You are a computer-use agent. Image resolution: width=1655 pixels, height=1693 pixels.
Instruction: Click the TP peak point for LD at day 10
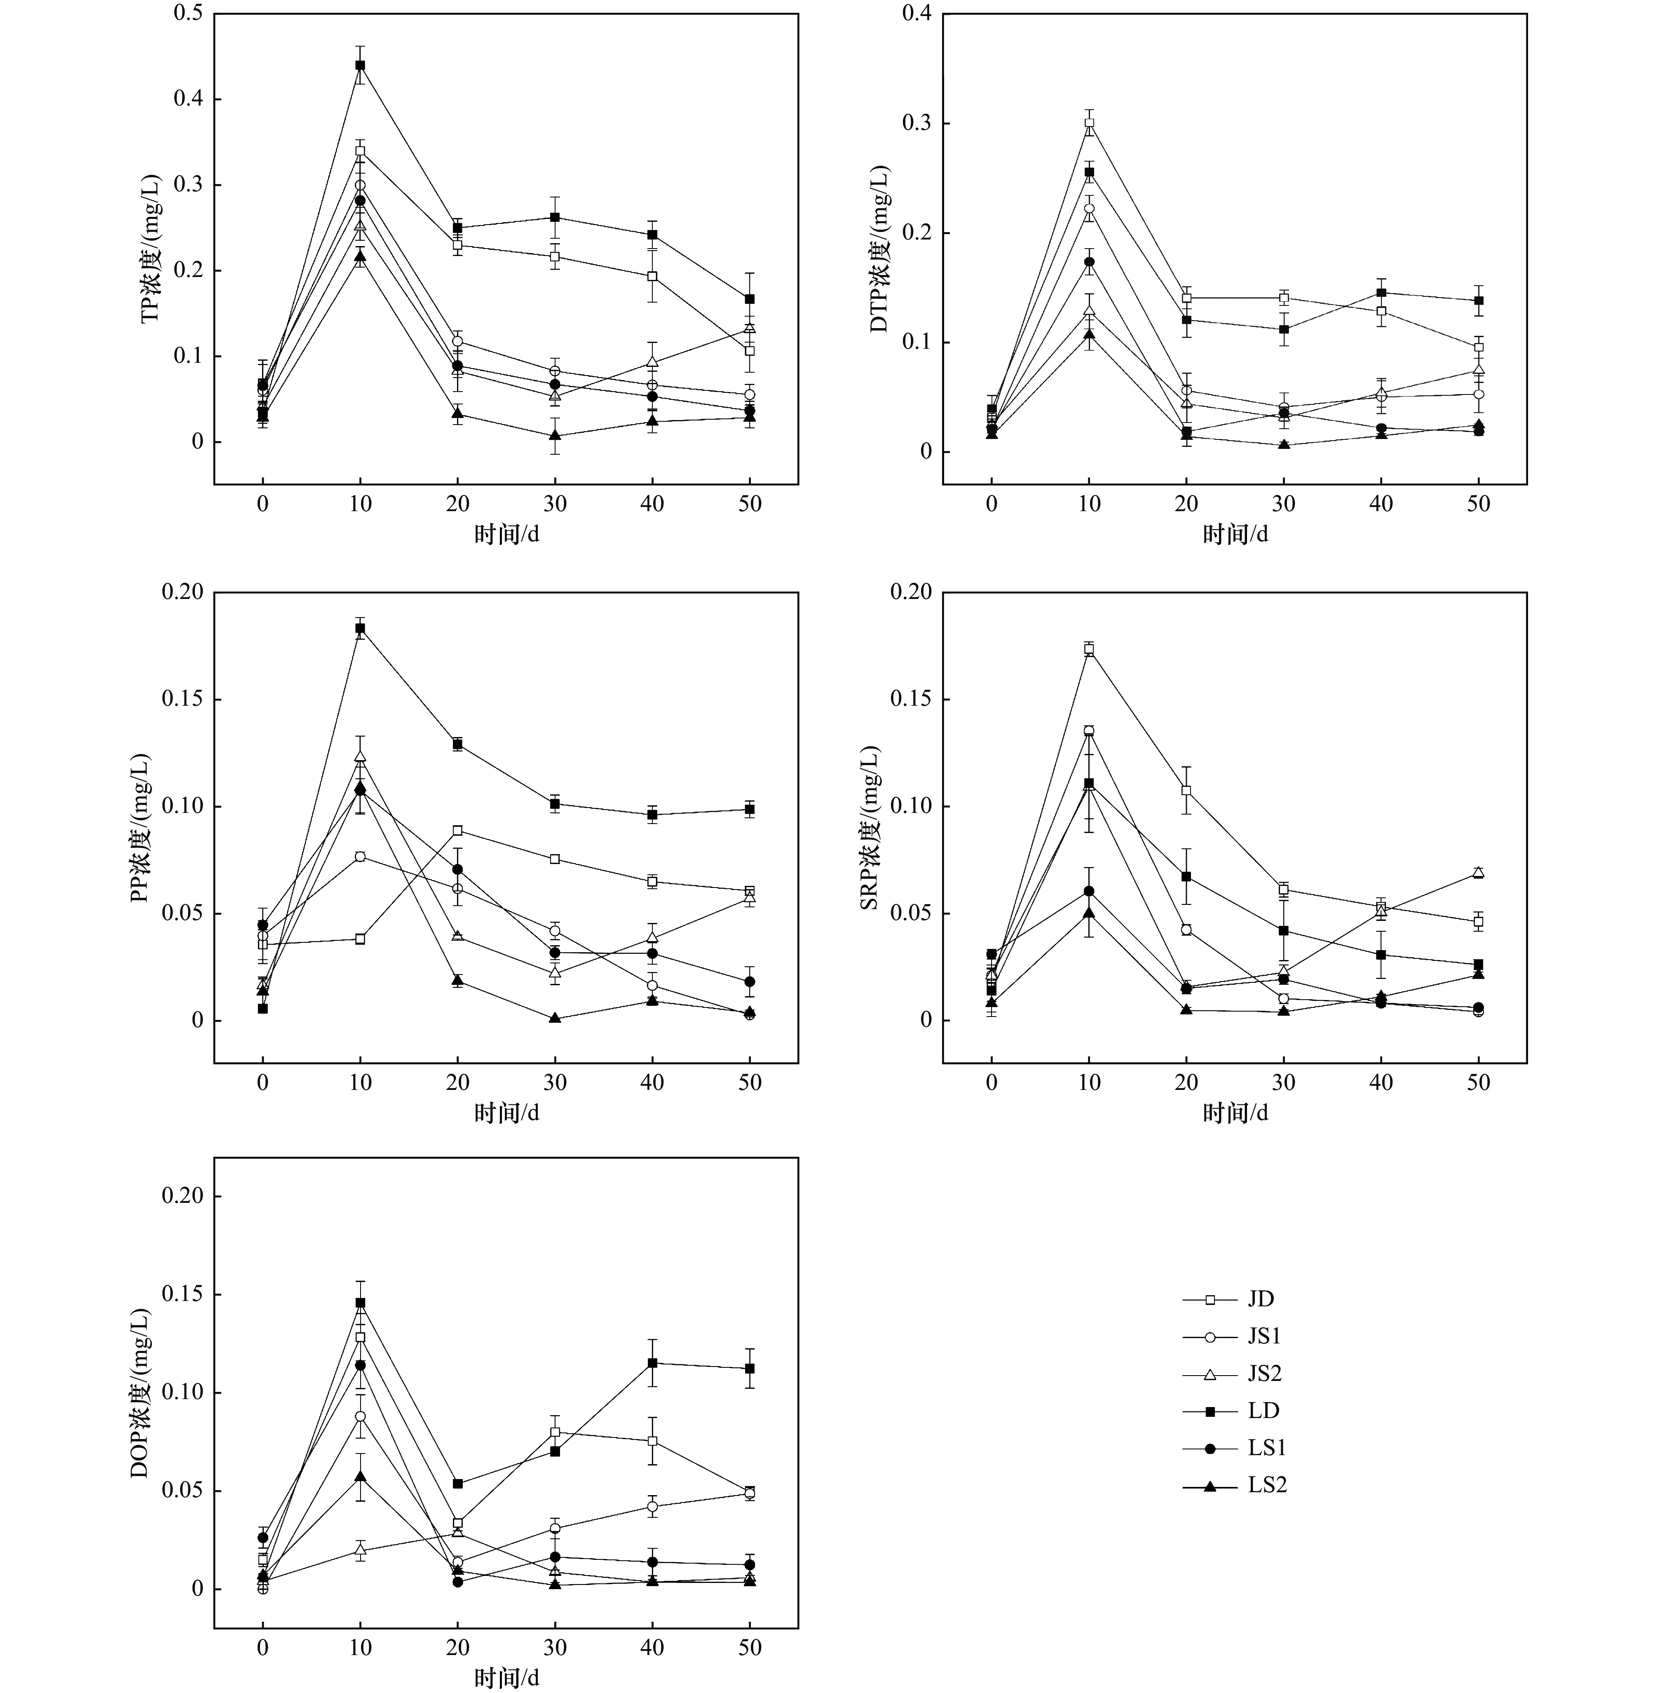pos(360,65)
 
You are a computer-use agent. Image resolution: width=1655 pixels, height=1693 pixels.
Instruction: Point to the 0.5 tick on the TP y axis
pos(188,14)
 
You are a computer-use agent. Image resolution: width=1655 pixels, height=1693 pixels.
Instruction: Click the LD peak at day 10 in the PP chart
pos(360,628)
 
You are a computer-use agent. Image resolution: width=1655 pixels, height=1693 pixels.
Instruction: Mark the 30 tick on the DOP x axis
pos(555,1648)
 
